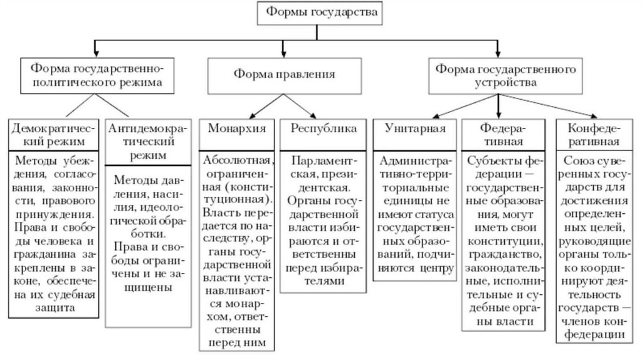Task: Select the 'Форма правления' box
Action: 284,74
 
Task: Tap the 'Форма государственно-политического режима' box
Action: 94,73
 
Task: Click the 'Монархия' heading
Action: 236,129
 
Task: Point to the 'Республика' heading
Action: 324,129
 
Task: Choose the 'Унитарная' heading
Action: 414,129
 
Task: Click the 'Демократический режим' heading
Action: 53,134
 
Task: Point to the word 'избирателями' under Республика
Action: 324,283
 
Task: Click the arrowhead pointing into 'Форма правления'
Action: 284,53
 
